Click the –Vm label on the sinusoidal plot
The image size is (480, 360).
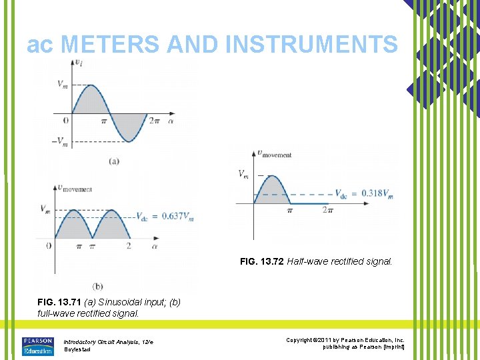(x=61, y=141)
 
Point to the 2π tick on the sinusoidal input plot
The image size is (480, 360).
(x=154, y=121)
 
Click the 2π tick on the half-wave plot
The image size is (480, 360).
(x=327, y=211)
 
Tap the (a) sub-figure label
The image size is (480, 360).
(x=113, y=161)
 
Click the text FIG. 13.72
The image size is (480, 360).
(x=262, y=262)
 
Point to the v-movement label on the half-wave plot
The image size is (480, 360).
(x=275, y=154)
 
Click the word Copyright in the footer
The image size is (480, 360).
(x=300, y=340)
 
